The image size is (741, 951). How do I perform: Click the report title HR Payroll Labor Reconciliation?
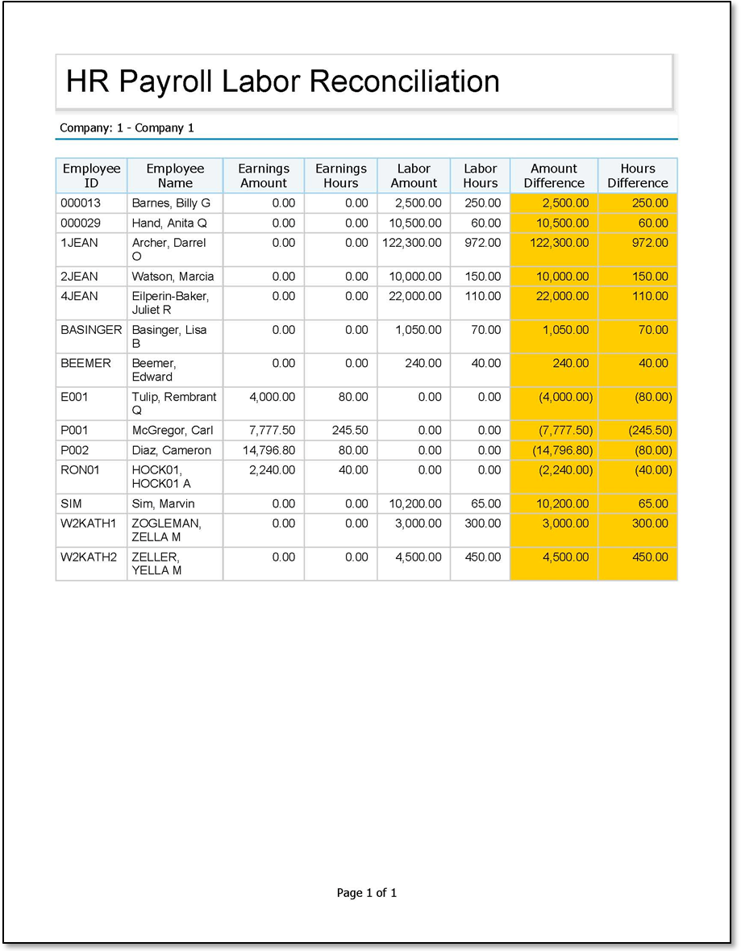coord(283,81)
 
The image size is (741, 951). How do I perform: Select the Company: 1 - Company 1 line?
coord(127,127)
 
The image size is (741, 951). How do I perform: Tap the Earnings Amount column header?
coord(264,176)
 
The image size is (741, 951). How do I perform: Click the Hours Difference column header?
coord(638,176)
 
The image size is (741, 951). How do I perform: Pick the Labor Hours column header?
coord(481,176)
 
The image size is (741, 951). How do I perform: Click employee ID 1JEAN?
coord(79,242)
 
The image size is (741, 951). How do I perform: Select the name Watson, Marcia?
coord(173,277)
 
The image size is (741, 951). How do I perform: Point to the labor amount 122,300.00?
coord(411,242)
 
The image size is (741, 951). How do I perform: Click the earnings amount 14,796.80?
coord(269,450)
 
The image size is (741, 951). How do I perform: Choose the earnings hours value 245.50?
coord(350,430)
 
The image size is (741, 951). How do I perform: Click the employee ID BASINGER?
coord(91,330)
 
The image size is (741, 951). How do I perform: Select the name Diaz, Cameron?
coord(171,450)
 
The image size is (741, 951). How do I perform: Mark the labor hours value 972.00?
coord(483,242)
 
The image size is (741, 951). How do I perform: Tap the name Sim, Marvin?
coord(163,504)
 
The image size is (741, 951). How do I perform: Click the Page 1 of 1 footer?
coord(367,893)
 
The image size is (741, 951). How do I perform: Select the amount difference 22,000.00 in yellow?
coord(562,296)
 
